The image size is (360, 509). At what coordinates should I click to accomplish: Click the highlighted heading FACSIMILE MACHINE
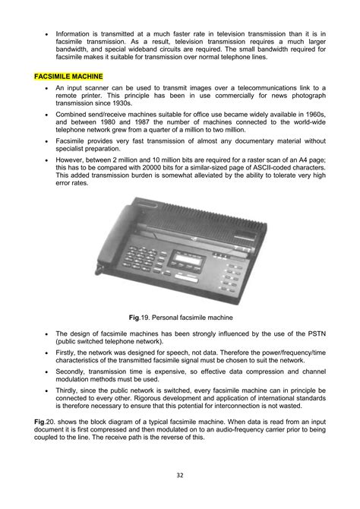69,77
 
